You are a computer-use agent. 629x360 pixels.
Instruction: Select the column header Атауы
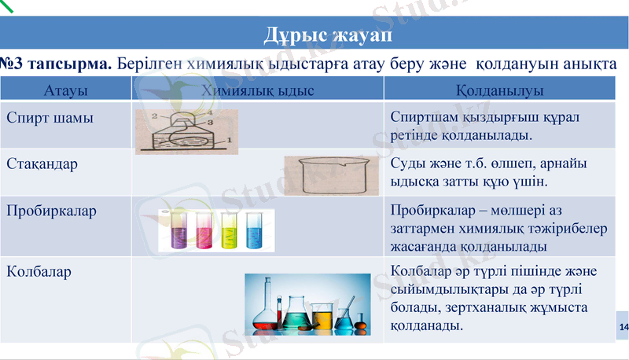65,90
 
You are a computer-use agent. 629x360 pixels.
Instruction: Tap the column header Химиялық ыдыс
257,90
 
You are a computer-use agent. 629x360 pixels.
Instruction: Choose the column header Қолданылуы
500,90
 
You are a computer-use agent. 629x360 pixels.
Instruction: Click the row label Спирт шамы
50,118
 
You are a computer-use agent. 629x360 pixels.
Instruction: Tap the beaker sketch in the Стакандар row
326,175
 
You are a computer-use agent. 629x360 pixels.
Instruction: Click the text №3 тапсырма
57,62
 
